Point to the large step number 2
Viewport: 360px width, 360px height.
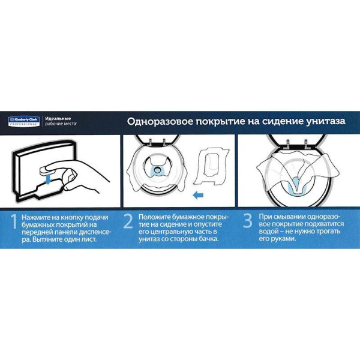click(x=128, y=222)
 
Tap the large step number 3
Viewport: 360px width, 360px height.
click(x=247, y=222)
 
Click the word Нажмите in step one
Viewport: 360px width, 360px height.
click(x=34, y=215)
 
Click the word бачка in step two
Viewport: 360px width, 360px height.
click(x=207, y=238)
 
